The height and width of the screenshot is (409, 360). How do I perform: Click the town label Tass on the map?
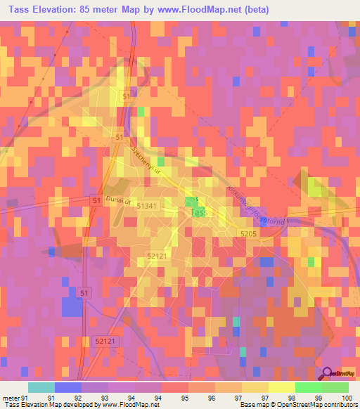pos(199,212)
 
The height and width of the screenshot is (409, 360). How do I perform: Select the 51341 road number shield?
pos(146,206)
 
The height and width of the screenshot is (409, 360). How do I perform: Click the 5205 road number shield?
pos(247,234)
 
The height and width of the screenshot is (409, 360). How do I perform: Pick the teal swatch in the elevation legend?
pos(41,387)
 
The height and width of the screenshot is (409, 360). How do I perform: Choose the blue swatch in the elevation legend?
pos(67,387)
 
